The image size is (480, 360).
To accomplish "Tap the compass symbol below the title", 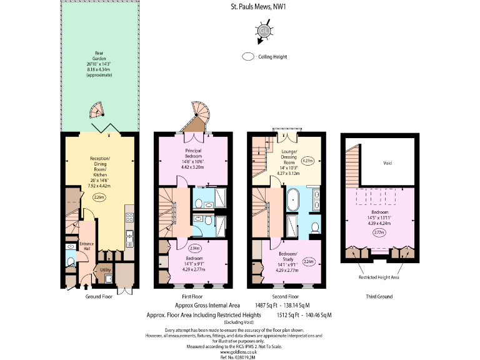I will (264, 31).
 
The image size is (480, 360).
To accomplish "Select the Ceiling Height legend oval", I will (248, 57).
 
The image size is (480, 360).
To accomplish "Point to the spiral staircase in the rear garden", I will (97, 111).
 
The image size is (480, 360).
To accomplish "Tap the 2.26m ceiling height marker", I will (99, 197).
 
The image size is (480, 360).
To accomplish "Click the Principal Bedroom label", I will (194, 156).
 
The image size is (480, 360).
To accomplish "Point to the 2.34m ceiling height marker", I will (194, 247).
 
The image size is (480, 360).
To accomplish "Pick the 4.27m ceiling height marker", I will (307, 161).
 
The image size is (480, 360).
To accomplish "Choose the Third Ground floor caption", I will (378, 296).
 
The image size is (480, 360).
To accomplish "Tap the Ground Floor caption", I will (99, 296).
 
